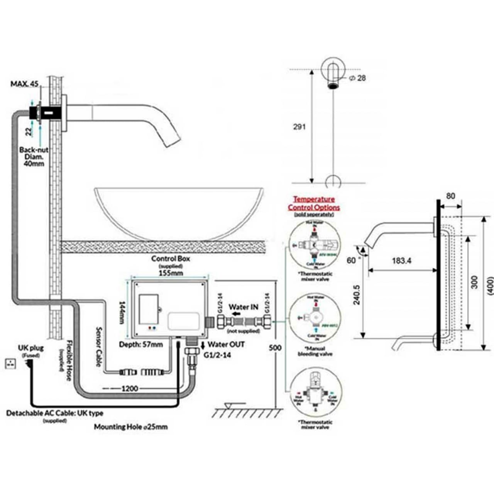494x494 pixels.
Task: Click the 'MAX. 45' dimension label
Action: pyautogui.click(x=25, y=84)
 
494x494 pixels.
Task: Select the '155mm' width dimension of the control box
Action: pyautogui.click(x=171, y=273)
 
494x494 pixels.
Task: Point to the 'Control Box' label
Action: pyautogui.click(x=171, y=259)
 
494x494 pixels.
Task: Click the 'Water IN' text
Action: pyautogui.click(x=244, y=307)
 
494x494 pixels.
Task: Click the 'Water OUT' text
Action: pyautogui.click(x=226, y=344)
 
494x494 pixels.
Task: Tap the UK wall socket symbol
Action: pyautogui.click(x=11, y=363)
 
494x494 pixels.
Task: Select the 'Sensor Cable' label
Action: pyautogui.click(x=98, y=347)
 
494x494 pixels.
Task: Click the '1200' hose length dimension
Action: pyautogui.click(x=130, y=388)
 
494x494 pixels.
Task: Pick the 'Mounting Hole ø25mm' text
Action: pyautogui.click(x=131, y=427)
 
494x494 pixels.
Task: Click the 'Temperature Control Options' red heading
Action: pyautogui.click(x=314, y=203)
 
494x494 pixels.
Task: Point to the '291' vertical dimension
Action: pyautogui.click(x=299, y=127)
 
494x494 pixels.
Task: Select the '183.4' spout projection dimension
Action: pyautogui.click(x=401, y=261)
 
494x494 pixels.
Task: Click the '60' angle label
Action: pyautogui.click(x=351, y=261)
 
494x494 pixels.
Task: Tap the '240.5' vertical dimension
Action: pyautogui.click(x=357, y=295)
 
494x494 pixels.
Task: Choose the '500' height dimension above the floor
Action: pyautogui.click(x=275, y=347)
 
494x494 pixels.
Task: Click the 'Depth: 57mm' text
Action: pyautogui.click(x=141, y=344)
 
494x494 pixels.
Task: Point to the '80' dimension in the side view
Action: pyautogui.click(x=450, y=196)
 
